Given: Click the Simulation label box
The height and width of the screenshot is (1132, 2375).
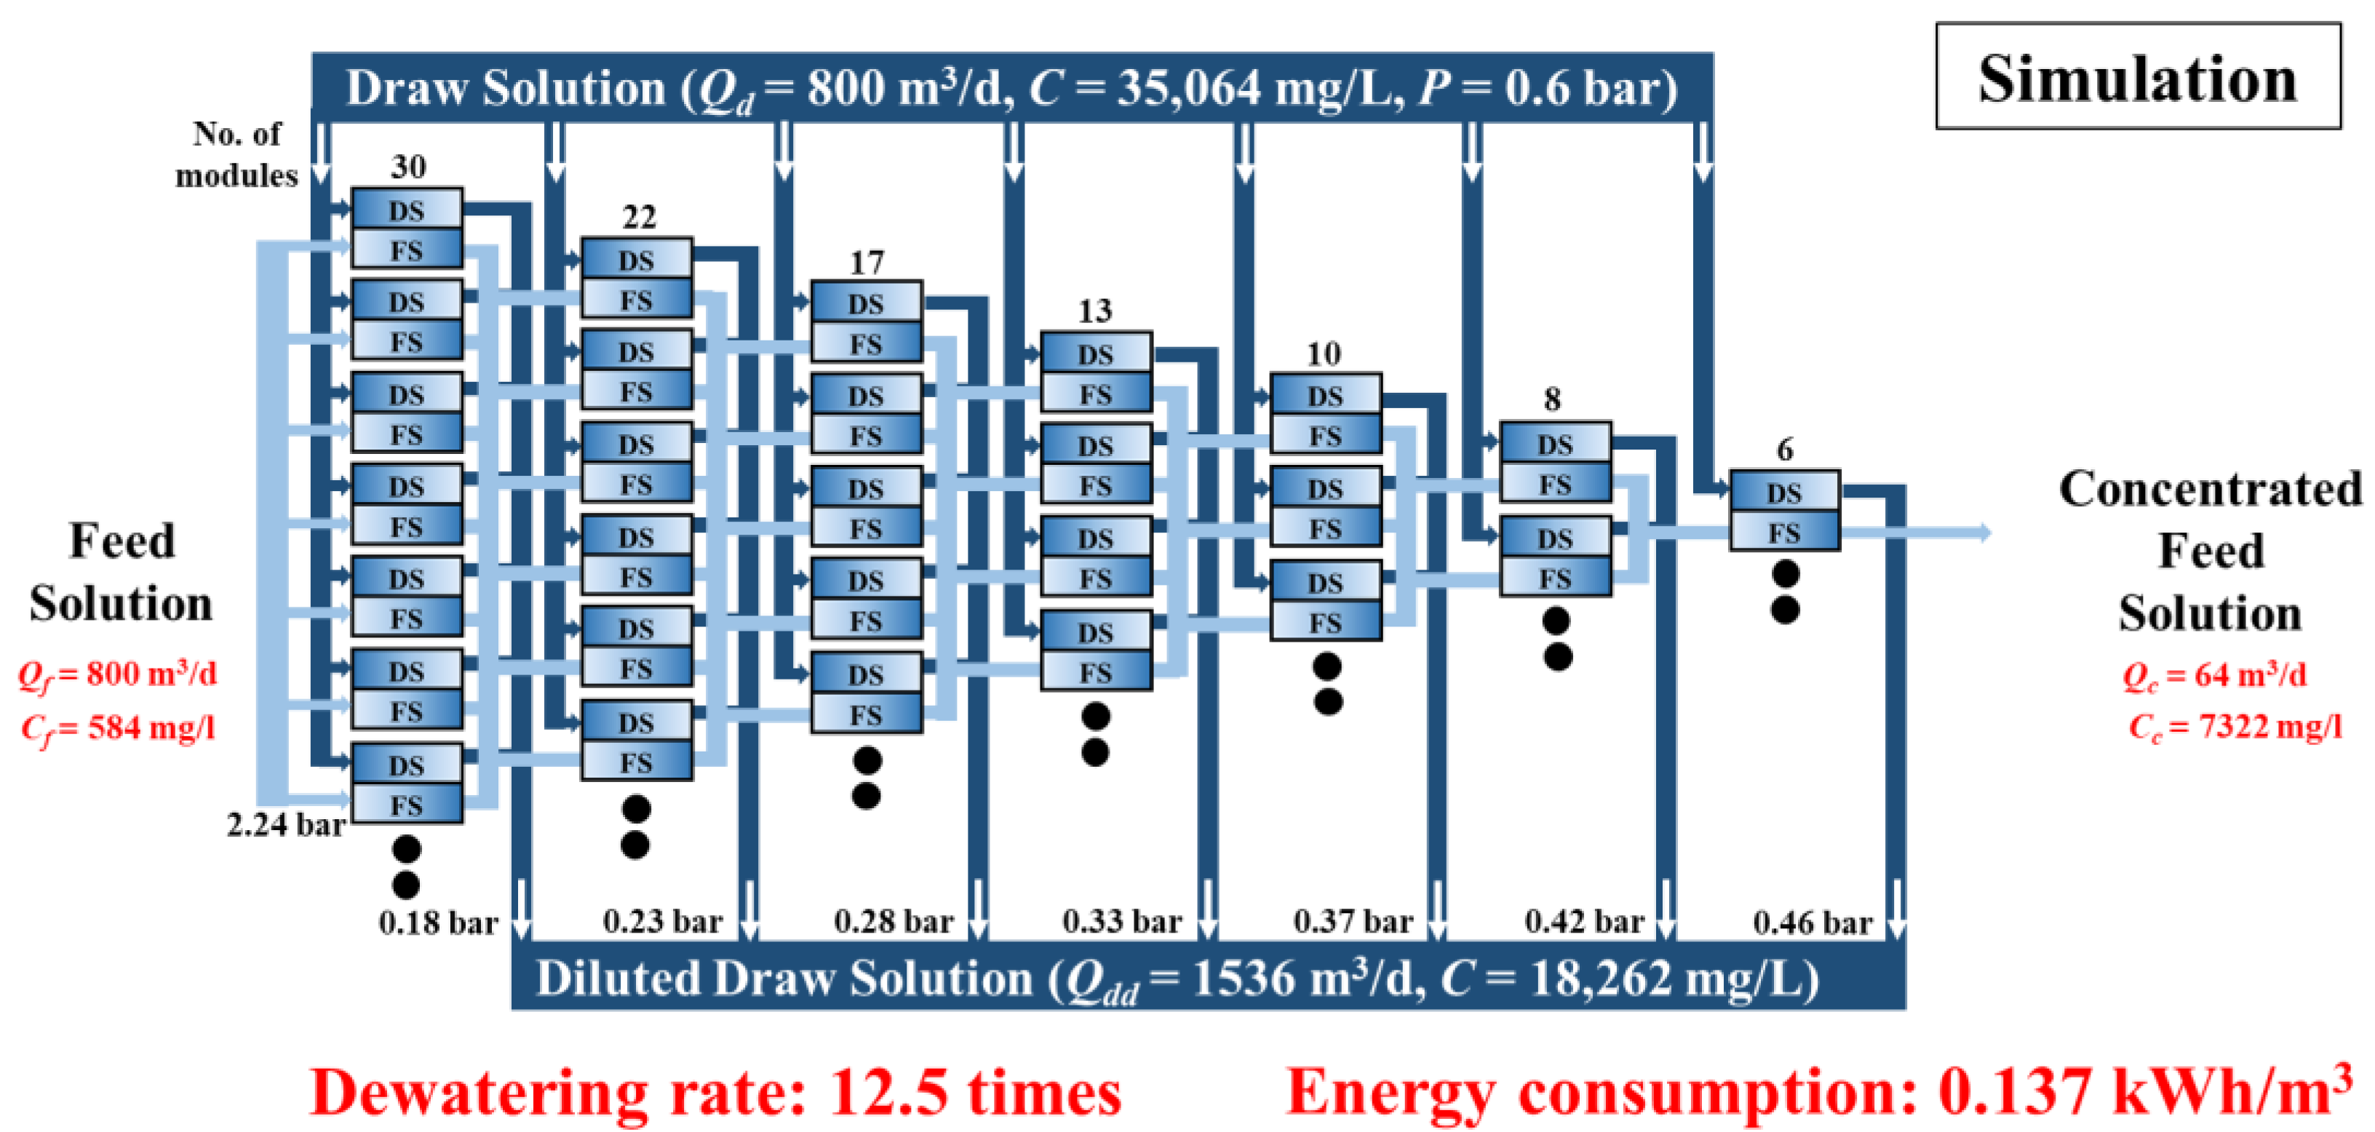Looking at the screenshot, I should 2137,77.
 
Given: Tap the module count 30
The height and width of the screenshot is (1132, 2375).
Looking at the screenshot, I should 408,167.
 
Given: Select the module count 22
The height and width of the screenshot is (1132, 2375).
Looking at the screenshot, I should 639,218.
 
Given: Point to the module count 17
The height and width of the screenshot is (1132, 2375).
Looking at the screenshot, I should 867,263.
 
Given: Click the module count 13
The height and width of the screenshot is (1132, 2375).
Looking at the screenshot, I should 1095,311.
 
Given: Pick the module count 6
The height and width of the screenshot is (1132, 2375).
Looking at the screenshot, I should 1785,450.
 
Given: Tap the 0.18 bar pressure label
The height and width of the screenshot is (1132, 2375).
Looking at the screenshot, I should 438,922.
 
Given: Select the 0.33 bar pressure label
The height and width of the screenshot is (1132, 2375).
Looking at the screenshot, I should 1122,921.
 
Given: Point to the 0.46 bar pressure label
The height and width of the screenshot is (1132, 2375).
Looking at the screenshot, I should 1813,922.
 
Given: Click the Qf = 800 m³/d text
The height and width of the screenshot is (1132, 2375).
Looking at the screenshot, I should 118,674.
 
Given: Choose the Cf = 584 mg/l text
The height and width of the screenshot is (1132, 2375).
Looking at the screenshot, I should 118,728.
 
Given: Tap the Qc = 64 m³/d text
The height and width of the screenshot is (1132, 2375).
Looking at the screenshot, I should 2215,675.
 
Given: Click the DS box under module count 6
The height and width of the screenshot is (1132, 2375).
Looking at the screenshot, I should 1784,493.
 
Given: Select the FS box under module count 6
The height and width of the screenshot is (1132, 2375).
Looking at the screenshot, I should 1784,532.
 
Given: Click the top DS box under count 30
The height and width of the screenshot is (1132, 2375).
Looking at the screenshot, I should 407,210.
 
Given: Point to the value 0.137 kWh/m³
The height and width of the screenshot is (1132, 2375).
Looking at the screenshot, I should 2144,1093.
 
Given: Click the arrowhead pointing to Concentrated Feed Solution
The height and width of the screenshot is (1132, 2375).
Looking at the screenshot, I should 1982,533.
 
